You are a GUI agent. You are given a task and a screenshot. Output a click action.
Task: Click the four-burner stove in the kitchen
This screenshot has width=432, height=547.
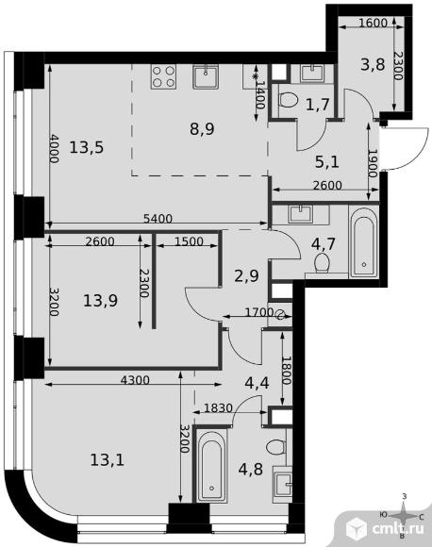[x=163, y=76]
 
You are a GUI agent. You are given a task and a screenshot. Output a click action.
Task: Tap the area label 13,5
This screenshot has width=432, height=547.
[x=87, y=147]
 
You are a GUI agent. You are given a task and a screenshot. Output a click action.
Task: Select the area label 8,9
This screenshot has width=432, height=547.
[x=203, y=129]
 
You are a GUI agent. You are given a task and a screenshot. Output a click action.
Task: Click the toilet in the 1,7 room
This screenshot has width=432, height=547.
[x=289, y=100]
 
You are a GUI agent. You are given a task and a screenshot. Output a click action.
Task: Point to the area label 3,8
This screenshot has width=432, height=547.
[x=373, y=64]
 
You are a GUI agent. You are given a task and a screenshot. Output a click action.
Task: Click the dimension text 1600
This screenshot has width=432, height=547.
[x=373, y=23]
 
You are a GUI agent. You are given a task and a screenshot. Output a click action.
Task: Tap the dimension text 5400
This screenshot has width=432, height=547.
[x=158, y=219]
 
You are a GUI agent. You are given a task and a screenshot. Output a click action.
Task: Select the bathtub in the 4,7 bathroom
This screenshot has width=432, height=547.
[x=364, y=242]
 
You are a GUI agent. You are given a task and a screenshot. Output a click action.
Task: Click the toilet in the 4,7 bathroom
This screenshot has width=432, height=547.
[x=322, y=263]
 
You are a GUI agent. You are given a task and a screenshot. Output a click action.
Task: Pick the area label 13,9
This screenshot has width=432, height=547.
[x=101, y=300]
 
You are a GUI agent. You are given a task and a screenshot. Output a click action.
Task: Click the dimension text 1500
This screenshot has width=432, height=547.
[x=189, y=241]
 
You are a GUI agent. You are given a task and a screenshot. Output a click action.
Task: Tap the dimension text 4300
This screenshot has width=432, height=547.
[x=135, y=380]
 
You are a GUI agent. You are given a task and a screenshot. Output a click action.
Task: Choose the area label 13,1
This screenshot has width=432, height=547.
[x=108, y=460]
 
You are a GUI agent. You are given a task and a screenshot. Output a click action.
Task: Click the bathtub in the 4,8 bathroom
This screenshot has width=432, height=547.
[x=211, y=465]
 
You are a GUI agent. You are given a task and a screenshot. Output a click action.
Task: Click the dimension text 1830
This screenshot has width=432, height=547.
[x=218, y=407]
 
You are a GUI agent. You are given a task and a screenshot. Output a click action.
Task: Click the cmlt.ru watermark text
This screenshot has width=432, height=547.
[x=398, y=528]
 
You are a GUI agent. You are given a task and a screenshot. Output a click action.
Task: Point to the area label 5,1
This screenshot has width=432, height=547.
[x=327, y=162]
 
